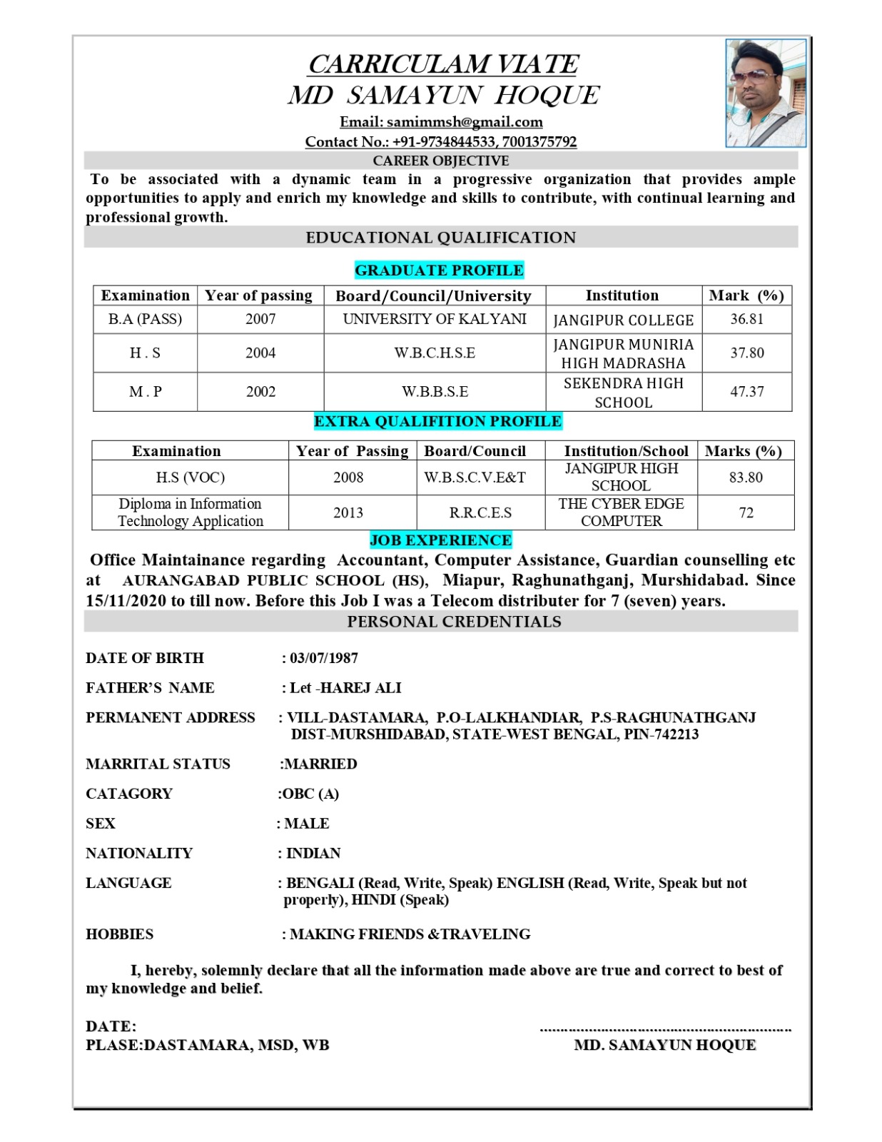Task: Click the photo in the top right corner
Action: pos(766,93)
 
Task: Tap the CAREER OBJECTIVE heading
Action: pos(440,161)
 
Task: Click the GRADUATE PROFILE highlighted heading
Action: pos(439,271)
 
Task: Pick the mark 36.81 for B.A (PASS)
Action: pos(746,319)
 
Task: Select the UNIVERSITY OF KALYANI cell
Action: pos(435,319)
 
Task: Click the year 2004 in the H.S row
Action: pos(260,353)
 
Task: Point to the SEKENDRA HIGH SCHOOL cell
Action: pos(623,393)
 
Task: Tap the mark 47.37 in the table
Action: pos(746,392)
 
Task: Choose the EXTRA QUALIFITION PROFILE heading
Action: pos(437,422)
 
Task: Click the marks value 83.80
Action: pos(746,477)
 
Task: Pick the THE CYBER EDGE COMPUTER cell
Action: pos(621,512)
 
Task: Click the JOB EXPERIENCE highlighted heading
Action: pos(440,540)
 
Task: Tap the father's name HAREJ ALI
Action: pos(361,688)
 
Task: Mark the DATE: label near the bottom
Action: pos(111,1026)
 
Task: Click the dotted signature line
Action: pos(665,1030)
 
